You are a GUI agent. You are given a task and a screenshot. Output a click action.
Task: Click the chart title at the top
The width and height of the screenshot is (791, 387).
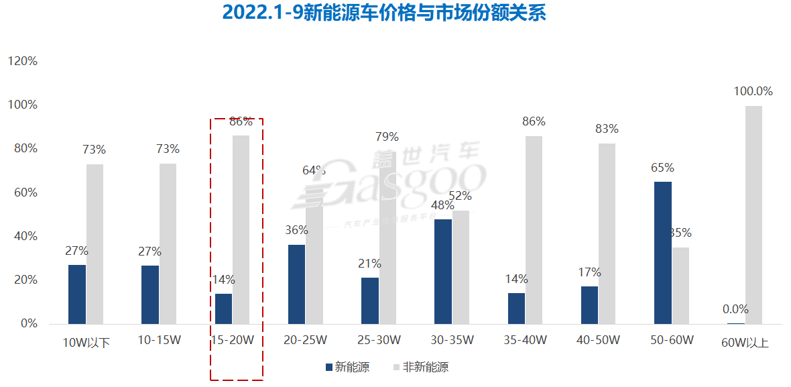384,13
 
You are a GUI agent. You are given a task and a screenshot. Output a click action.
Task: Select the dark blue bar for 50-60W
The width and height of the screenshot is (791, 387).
662,252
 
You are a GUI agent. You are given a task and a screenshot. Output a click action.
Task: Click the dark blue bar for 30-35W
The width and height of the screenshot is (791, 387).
443,272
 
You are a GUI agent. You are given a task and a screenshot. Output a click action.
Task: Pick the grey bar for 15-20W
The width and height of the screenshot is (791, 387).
241,229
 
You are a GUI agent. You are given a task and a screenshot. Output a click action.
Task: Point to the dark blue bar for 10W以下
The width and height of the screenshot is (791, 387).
77,294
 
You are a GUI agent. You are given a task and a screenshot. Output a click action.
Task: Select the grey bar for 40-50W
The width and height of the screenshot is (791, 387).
607,233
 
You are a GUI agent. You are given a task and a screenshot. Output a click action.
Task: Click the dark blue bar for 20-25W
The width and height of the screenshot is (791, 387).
296,284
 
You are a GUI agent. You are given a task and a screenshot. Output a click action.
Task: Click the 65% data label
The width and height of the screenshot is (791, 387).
662,168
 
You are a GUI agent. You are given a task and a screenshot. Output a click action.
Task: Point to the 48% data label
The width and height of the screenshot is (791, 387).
442,205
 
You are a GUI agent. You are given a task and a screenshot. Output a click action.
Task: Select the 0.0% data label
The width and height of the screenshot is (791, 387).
735,309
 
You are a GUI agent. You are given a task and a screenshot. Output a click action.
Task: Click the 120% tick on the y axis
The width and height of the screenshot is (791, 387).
22,61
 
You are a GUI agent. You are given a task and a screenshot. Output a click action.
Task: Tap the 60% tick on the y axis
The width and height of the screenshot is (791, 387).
25,192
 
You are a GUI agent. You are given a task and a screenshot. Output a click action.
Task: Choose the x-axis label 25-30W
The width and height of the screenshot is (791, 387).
379,341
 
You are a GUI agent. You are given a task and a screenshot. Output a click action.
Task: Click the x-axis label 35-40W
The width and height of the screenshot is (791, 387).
526,341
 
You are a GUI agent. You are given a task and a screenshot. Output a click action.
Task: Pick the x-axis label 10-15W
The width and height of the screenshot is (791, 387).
159,341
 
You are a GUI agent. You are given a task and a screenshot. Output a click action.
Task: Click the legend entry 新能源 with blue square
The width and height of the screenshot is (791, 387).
347,367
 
